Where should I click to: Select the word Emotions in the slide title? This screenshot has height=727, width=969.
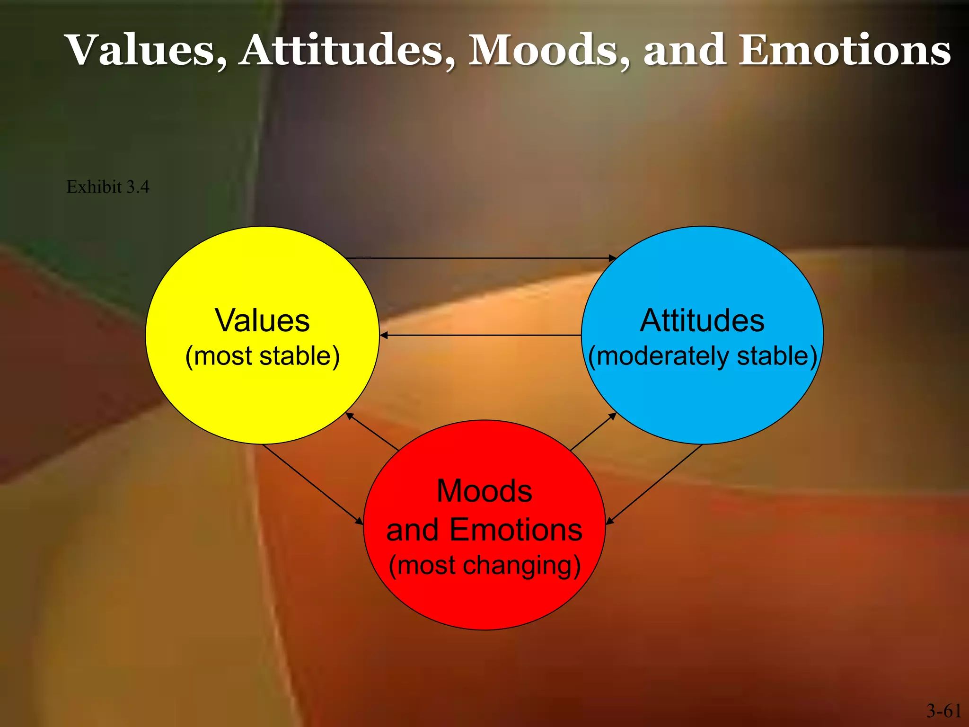(845, 50)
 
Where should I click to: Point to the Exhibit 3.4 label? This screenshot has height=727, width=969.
(108, 187)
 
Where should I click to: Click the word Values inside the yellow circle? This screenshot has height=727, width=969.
(262, 320)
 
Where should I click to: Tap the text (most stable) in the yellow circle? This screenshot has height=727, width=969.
(262, 356)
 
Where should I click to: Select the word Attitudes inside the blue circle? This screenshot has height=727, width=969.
(702, 320)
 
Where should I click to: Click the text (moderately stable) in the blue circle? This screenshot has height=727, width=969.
(702, 356)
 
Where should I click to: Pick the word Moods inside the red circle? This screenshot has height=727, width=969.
(484, 491)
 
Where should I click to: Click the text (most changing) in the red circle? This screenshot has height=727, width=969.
(484, 565)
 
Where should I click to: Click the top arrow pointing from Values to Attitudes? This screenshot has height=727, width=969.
(480, 258)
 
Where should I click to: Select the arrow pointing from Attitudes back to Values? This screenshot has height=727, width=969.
(480, 335)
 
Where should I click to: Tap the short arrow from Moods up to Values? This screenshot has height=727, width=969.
(372, 431)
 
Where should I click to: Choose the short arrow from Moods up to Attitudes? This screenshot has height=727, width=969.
(593, 431)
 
